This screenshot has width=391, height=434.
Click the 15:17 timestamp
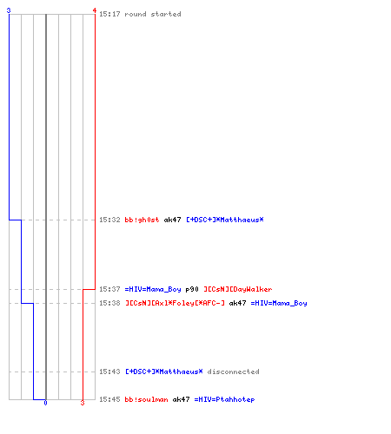coord(109,14)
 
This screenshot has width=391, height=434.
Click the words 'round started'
coord(153,14)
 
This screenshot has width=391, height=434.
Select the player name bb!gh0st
coord(142,220)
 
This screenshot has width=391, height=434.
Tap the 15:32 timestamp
coord(109,220)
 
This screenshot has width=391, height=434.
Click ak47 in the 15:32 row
coord(172,220)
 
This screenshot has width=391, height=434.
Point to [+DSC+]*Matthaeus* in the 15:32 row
coord(225,220)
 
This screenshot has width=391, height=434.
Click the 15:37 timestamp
coord(109,289)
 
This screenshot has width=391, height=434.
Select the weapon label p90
coord(192,289)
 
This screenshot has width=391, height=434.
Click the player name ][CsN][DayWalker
coord(238,289)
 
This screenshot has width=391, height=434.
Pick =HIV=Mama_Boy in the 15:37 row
coord(153,289)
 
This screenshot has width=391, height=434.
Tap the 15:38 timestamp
coord(109,303)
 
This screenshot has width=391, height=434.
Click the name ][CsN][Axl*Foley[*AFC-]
coord(175,303)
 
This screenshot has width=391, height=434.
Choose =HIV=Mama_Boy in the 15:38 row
coord(279,303)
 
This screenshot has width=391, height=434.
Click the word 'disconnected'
coord(233,372)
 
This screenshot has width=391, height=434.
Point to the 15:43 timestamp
coord(109,372)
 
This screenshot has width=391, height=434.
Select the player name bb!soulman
coord(146,399)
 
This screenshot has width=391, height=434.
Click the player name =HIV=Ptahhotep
coord(224,399)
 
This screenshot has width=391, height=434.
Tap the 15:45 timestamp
coord(109,399)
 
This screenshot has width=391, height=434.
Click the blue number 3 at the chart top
coord(9,10)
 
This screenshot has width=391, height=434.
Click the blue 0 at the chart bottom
coord(45,403)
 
